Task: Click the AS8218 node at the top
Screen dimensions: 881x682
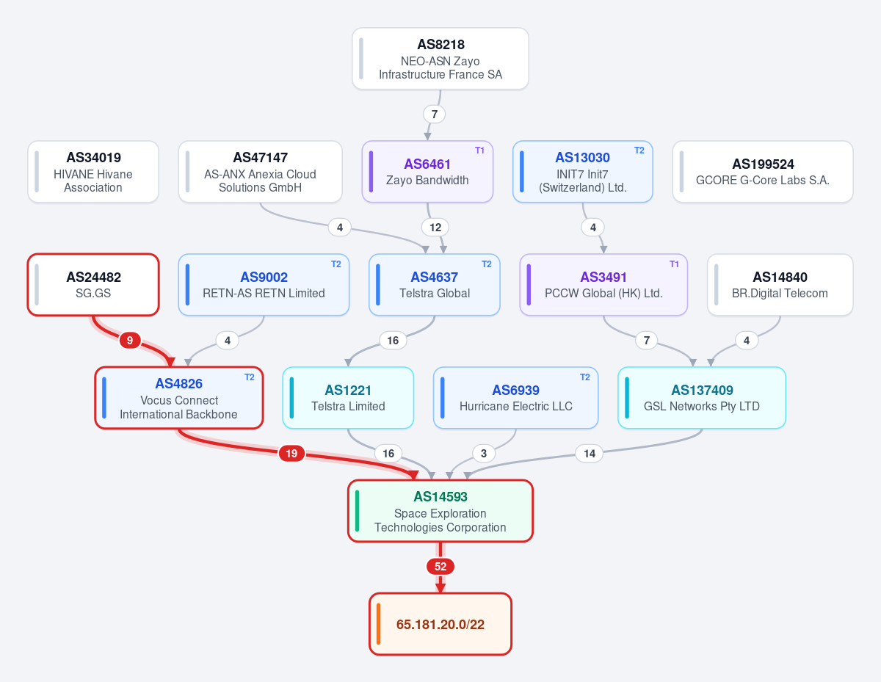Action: (440, 59)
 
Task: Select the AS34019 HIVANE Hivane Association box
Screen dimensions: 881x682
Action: (93, 171)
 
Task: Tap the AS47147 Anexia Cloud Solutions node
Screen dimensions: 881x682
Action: (261, 171)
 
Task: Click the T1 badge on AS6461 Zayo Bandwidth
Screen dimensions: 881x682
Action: (479, 150)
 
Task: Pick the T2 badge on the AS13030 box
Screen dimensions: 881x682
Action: (639, 150)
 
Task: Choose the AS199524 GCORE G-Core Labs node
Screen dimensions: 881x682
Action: (763, 171)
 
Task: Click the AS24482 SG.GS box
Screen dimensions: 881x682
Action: (93, 284)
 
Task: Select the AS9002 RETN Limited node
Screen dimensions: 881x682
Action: (264, 284)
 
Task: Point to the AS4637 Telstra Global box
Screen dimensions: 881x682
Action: (434, 284)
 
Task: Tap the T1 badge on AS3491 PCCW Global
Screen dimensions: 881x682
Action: (674, 264)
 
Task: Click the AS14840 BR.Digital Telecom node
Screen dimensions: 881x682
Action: (780, 284)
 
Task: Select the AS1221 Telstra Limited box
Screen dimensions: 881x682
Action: (348, 398)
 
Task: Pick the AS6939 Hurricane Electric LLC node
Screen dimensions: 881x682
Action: (515, 398)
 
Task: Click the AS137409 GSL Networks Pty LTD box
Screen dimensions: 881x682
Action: (702, 398)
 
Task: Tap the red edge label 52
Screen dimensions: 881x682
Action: (440, 567)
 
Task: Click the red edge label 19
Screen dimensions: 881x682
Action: (291, 454)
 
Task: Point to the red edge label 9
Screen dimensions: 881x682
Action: (130, 341)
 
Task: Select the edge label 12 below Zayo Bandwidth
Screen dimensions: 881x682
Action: (435, 228)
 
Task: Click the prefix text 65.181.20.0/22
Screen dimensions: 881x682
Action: (440, 625)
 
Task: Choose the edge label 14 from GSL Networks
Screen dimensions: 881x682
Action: (589, 454)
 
